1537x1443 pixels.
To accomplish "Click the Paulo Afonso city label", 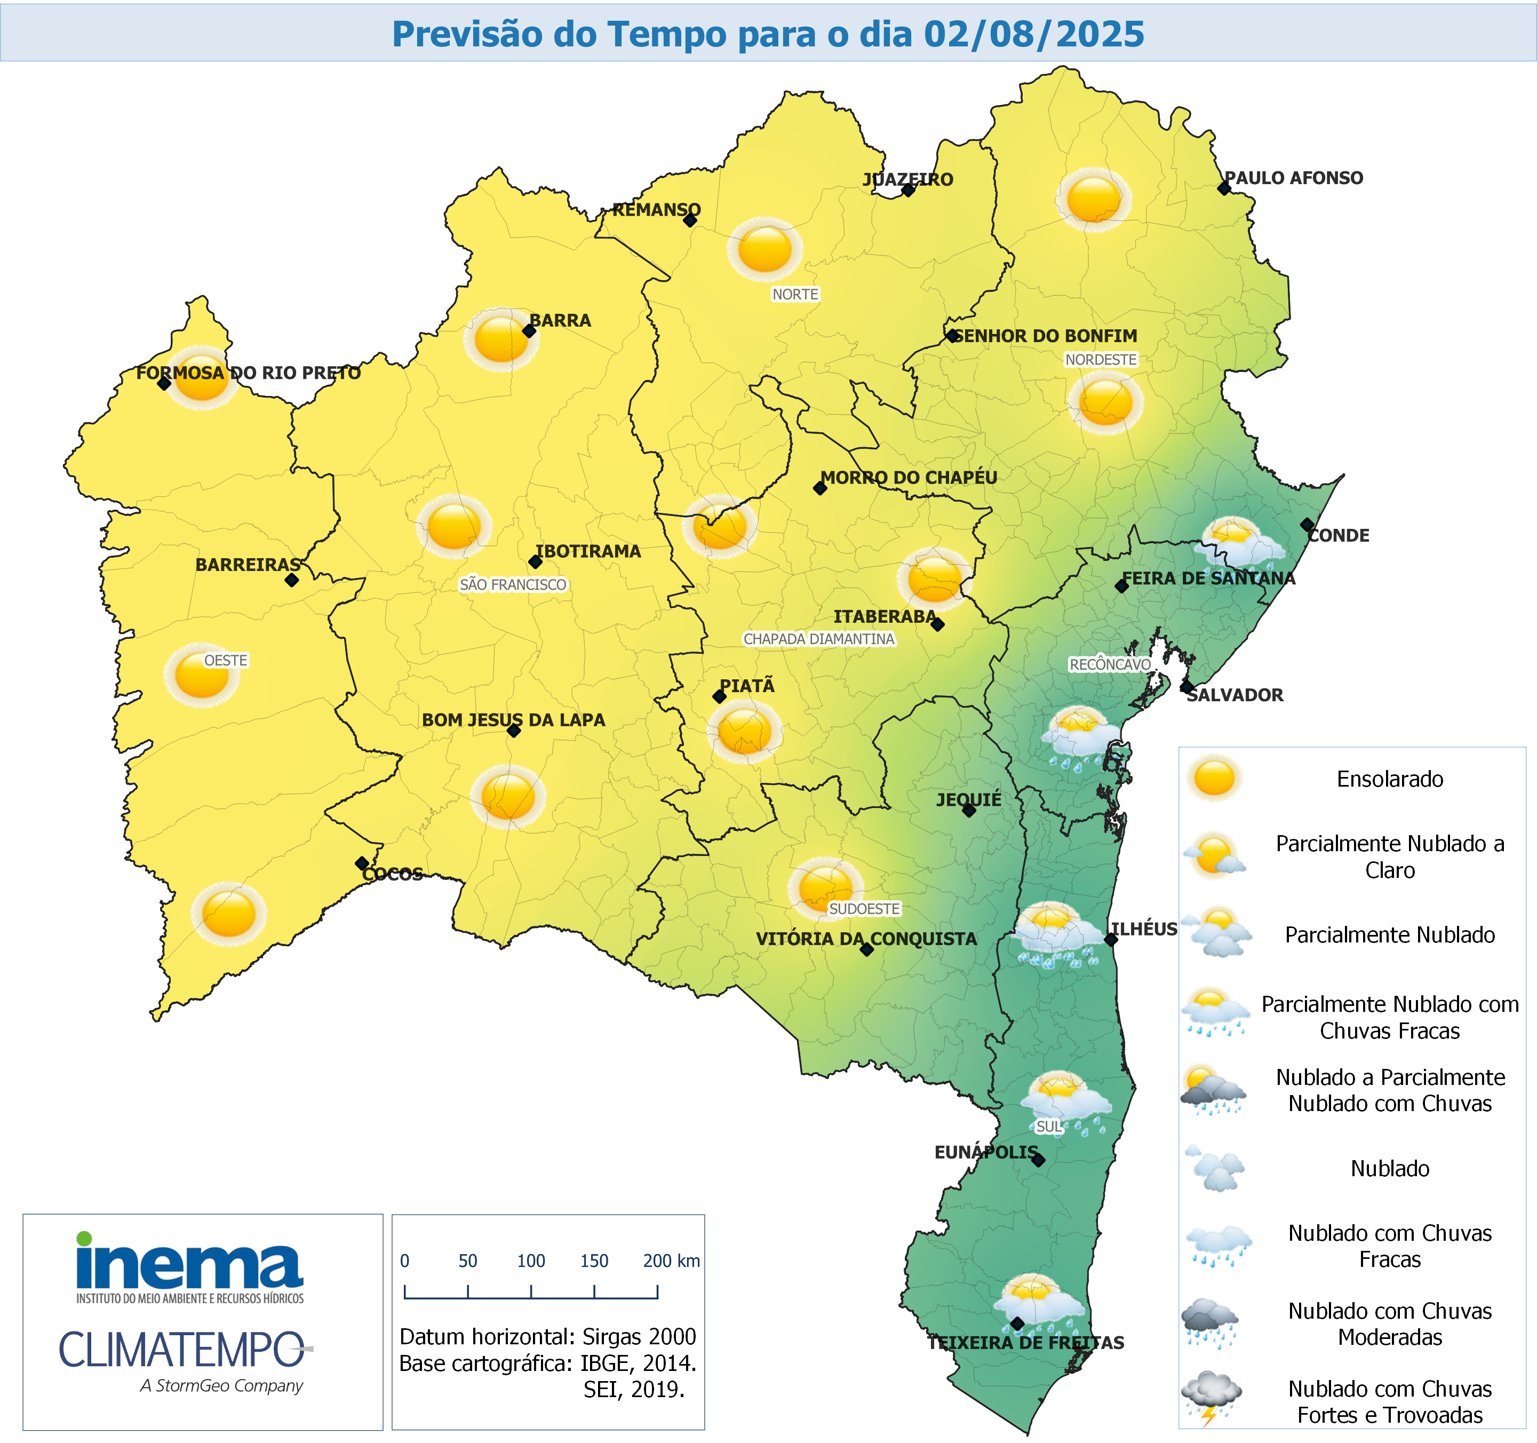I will (1294, 178).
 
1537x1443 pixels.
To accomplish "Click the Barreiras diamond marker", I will (291, 580).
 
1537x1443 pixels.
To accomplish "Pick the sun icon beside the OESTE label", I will (201, 675).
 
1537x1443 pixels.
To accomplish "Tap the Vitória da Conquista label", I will (866, 939).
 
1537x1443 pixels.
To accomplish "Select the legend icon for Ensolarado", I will (1214, 778).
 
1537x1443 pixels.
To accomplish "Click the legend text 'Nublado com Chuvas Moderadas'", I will (1389, 1324).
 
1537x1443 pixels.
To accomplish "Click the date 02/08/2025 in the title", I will (1034, 34).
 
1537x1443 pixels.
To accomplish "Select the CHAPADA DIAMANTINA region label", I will (819, 639).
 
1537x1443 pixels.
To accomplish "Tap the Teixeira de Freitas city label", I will (1026, 1343).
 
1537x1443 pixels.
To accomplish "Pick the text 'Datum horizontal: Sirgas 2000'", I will (547, 1336).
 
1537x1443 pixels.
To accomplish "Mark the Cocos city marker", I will (361, 863).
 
